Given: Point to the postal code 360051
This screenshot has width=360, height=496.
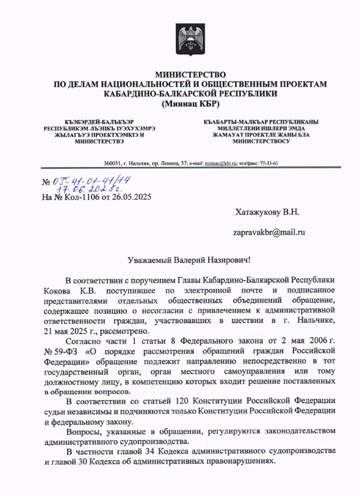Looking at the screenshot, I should coord(112,163).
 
